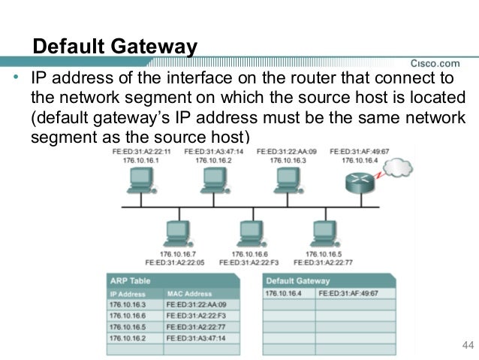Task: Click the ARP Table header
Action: (x=131, y=280)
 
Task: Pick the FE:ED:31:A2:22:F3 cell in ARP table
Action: (x=197, y=316)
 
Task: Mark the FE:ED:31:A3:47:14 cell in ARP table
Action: (x=197, y=340)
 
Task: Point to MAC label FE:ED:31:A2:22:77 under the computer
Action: (x=324, y=263)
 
